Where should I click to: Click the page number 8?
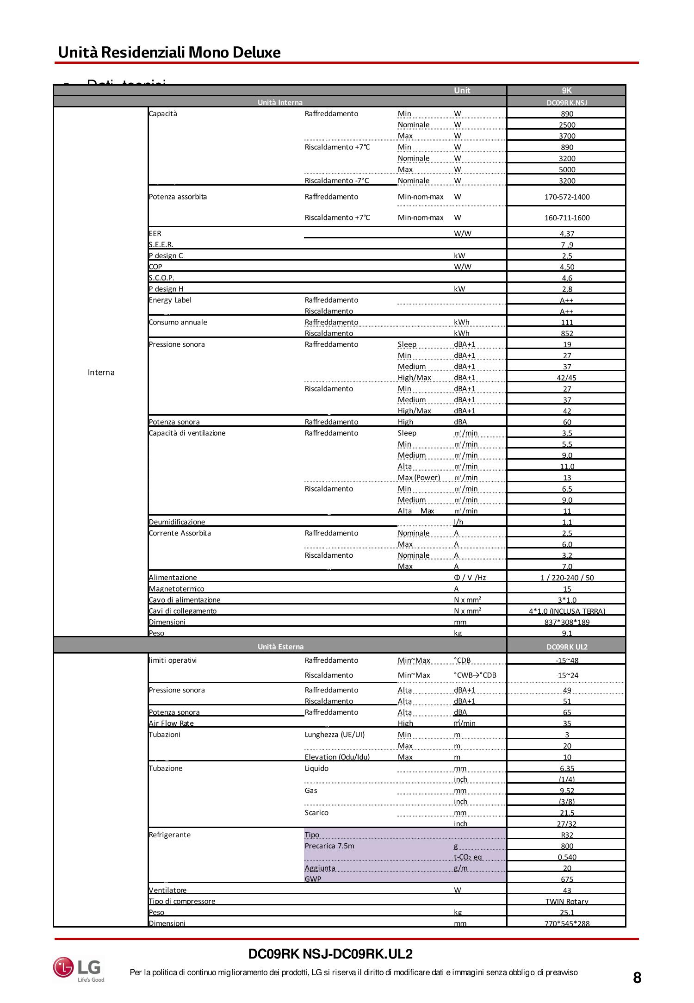click(x=637, y=978)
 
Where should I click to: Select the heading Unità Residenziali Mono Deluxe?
click(x=169, y=52)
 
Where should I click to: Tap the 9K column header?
click(x=566, y=91)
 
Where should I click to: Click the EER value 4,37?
click(x=566, y=234)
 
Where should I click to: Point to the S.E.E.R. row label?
click(x=161, y=244)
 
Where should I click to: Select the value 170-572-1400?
click(x=567, y=197)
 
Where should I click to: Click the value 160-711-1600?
click(x=567, y=218)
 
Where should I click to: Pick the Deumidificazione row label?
click(x=177, y=522)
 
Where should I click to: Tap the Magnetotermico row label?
click(x=176, y=589)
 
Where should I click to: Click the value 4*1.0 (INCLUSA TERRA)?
click(x=567, y=611)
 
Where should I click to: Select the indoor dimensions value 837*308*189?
click(x=567, y=622)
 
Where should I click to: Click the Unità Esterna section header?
click(x=280, y=647)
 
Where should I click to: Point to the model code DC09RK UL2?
click(x=567, y=647)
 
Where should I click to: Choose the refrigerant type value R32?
click(x=567, y=835)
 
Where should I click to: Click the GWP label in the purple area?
click(x=313, y=878)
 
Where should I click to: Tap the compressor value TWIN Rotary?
click(x=567, y=901)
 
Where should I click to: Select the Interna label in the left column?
click(x=101, y=373)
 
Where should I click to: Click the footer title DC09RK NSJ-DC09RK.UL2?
click(x=330, y=954)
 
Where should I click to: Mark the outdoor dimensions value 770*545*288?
click(x=567, y=923)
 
